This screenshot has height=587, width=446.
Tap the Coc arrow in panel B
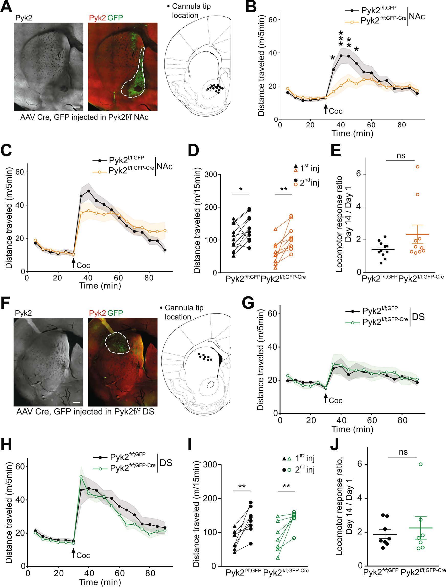pyautogui.click(x=326, y=109)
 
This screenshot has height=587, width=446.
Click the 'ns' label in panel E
pyautogui.click(x=400, y=156)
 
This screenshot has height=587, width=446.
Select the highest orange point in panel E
pyautogui.click(x=418, y=167)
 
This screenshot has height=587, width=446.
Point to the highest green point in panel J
pyautogui.click(x=420, y=464)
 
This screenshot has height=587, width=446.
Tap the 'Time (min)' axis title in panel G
pyautogui.click(x=352, y=429)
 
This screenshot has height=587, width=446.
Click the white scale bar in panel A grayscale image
pyautogui.click(x=76, y=107)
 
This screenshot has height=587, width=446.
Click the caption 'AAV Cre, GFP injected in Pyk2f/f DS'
pyautogui.click(x=85, y=412)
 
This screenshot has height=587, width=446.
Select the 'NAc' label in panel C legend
pyautogui.click(x=165, y=166)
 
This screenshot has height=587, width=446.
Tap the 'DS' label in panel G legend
pyautogui.click(x=418, y=317)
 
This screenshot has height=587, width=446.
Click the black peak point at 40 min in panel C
pyautogui.click(x=88, y=191)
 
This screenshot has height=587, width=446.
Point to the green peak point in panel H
pyautogui.click(x=81, y=477)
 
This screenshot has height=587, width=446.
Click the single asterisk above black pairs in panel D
pyautogui.click(x=241, y=189)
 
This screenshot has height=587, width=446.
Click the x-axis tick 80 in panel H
pyautogui.click(x=150, y=573)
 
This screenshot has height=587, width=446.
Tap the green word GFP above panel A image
pyautogui.click(x=115, y=18)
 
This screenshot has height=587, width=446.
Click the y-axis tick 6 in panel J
pyautogui.click(x=360, y=464)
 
